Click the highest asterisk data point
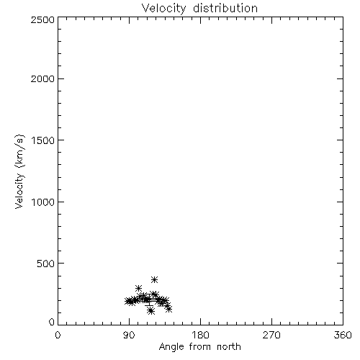pos(154,279)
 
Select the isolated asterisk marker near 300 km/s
pos(138,288)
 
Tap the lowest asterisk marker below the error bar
pos(150,311)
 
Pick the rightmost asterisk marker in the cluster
pos(169,309)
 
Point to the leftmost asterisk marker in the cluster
pos(128,301)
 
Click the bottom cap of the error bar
pos(149,305)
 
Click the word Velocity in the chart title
pos(163,8)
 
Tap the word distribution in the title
pos(225,8)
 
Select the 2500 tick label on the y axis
pos(42,19)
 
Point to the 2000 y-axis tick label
pos(42,78)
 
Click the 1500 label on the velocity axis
pos(43,140)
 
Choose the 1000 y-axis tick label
pos(43,202)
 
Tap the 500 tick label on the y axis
pos(45,264)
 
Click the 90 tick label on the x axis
pos(129,335)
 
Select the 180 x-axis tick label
pos(200,335)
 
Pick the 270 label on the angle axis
pos(271,335)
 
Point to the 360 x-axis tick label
pos(343,335)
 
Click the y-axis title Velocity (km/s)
pos(19,171)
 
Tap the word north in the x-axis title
pos(229,347)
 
